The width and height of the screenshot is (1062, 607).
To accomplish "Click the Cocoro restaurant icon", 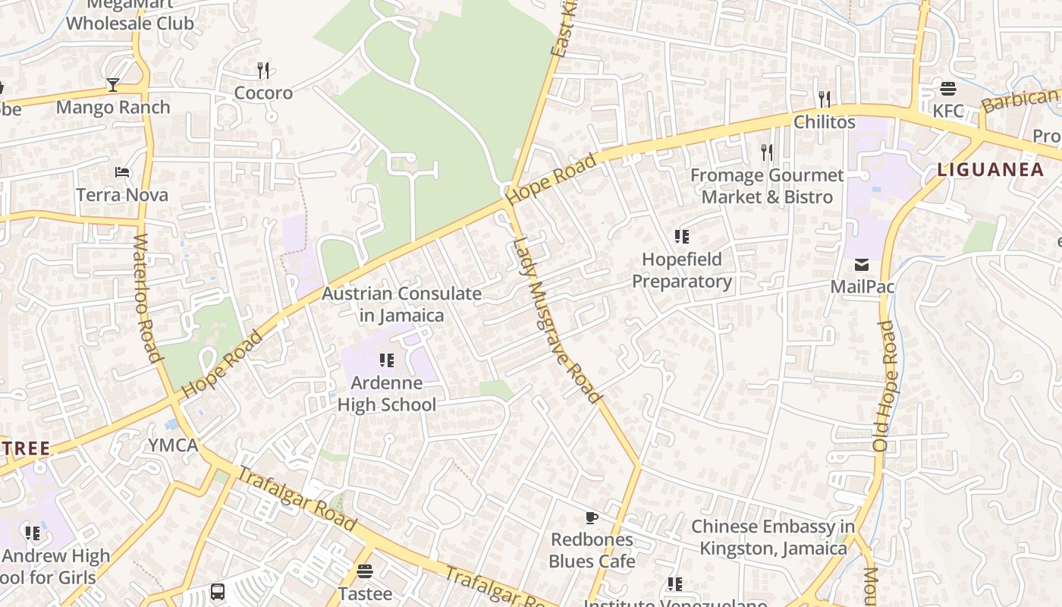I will (x=263, y=71).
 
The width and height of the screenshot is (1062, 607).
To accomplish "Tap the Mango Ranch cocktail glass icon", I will (x=113, y=84).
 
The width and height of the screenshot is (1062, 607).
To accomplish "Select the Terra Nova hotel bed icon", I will (x=122, y=172).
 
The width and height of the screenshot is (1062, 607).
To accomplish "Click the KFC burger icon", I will (x=947, y=89).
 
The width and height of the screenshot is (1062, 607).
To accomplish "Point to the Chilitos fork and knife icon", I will (x=825, y=99).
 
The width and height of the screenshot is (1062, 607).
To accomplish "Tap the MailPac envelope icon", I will (x=862, y=265).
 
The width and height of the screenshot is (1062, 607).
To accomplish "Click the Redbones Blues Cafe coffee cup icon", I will (x=592, y=517).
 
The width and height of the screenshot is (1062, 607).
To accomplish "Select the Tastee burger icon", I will (x=365, y=571).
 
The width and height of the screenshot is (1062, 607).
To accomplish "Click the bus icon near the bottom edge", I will (x=218, y=591).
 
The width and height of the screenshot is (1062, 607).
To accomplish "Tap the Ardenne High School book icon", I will (x=387, y=360).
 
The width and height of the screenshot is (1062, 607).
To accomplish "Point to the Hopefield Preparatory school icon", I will (x=682, y=237).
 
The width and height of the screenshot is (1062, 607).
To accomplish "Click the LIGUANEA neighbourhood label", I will (x=991, y=170).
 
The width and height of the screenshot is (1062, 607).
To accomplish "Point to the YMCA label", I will (x=173, y=445).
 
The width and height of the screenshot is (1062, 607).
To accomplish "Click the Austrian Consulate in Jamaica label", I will (x=402, y=304).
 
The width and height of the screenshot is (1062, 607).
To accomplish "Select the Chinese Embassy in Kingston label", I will (x=773, y=537).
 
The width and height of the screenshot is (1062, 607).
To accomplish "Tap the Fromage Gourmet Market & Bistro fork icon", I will (x=767, y=153).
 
